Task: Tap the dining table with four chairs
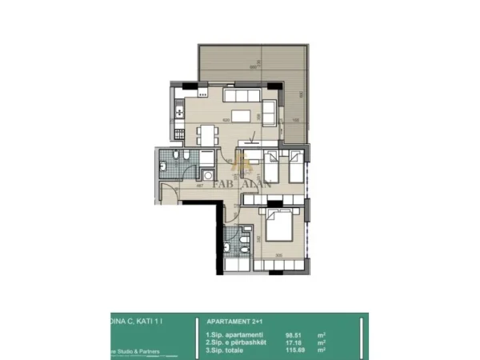pyautogui.click(x=206, y=135)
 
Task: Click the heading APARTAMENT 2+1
pyautogui.click(x=231, y=318)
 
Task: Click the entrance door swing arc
pyautogui.click(x=168, y=192)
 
